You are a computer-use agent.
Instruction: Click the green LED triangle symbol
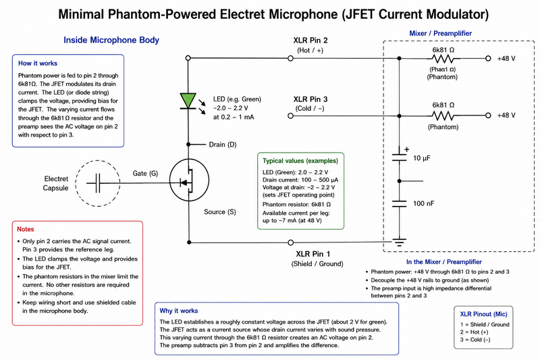tap(188, 100)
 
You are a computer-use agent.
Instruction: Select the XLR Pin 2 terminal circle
tap(290, 58)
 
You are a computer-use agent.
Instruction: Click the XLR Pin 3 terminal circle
tap(290, 115)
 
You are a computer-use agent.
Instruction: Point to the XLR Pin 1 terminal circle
tap(291, 242)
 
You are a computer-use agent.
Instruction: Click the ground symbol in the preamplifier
tap(399, 242)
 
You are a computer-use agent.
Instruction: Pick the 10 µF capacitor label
tap(422, 158)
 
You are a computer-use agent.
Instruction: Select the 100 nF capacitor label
tap(424, 203)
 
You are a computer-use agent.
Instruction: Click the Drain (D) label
tap(223, 145)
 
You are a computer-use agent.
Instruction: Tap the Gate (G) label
tap(145, 174)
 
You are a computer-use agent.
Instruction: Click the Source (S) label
tap(220, 212)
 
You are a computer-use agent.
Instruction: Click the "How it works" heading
tap(38, 63)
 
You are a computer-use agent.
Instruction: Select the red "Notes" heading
tap(26, 229)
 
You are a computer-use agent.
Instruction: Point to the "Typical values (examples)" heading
tap(300, 161)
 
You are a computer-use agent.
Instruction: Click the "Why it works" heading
tap(179, 311)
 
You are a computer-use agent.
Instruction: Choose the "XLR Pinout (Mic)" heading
tap(483, 314)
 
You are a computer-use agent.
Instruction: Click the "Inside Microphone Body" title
tap(111, 40)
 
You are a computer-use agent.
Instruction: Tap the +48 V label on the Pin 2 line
tap(506, 59)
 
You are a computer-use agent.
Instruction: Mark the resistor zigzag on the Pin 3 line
tap(443, 115)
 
